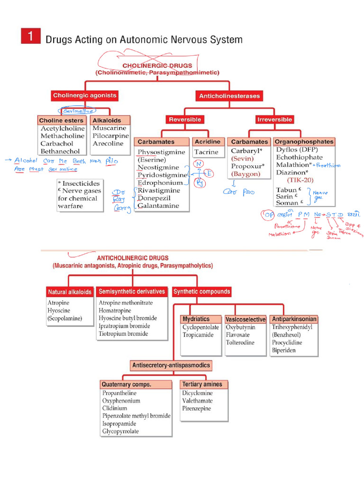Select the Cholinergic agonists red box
pyautogui.click(x=84, y=96)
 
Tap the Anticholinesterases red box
pyautogui.click(x=229, y=96)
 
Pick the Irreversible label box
pyautogui.click(x=274, y=119)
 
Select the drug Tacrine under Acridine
pyautogui.click(x=206, y=152)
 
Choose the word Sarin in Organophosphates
pyautogui.click(x=286, y=196)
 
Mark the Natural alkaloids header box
pyautogui.click(x=70, y=292)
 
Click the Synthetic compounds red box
pyautogui.click(x=202, y=292)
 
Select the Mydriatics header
pyautogui.click(x=196, y=319)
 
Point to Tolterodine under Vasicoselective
pyautogui.click(x=240, y=342)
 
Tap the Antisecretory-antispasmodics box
pyautogui.click(x=171, y=365)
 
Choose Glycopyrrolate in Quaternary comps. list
pyautogui.click(x=120, y=431)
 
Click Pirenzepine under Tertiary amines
pyautogui.click(x=197, y=408)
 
